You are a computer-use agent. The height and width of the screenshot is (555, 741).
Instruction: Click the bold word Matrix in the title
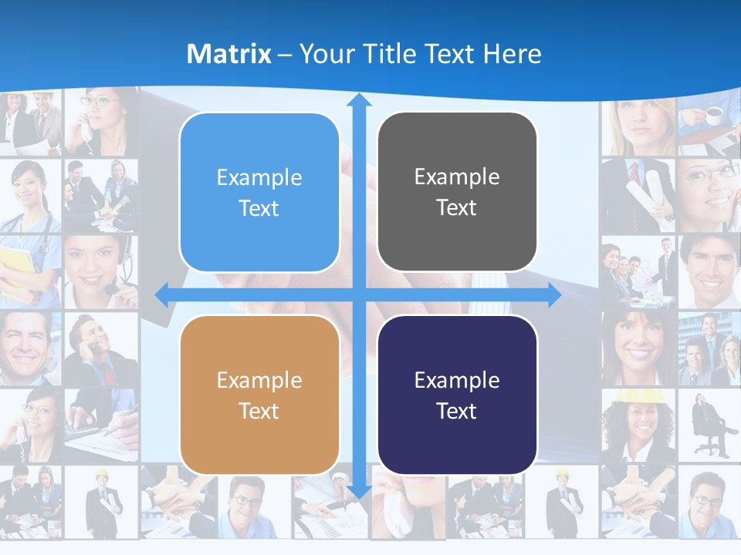(x=228, y=54)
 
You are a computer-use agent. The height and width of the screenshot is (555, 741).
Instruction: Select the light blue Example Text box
(x=259, y=193)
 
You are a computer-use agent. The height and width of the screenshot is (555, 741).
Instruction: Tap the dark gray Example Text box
(x=457, y=192)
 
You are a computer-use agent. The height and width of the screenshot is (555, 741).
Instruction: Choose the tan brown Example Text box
(x=259, y=395)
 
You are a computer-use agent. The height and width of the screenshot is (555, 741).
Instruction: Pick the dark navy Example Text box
(x=457, y=395)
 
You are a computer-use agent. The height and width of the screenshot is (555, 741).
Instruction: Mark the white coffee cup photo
(x=712, y=116)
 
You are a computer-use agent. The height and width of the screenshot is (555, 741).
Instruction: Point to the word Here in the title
(x=513, y=54)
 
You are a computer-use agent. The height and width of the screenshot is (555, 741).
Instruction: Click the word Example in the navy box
(x=457, y=380)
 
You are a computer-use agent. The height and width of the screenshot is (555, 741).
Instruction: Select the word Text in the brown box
(x=259, y=412)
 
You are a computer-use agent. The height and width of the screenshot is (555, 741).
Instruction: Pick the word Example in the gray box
(x=457, y=177)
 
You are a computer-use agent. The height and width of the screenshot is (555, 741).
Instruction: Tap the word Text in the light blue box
(x=259, y=209)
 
